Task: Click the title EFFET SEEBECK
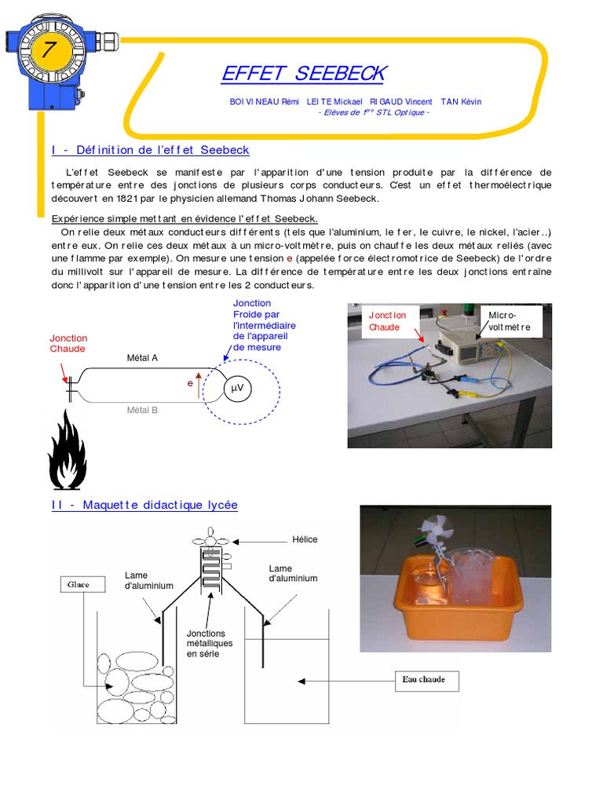[303, 74]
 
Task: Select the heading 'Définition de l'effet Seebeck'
[150, 150]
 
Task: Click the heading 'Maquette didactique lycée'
[144, 505]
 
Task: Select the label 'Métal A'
[142, 357]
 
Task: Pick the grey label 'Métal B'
[142, 410]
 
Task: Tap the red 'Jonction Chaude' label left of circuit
[68, 343]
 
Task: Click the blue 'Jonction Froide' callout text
[264, 325]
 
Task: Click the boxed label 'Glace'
[78, 584]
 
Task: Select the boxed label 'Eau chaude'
[424, 679]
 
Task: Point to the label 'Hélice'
[305, 540]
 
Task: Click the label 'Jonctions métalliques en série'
[209, 643]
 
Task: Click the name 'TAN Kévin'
[461, 101]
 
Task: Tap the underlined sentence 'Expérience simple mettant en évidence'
[184, 218]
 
